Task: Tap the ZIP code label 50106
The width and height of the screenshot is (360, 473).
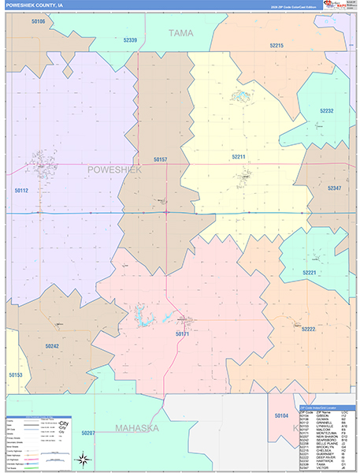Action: [38, 22]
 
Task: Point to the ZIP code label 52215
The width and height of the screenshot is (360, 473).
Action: [276, 47]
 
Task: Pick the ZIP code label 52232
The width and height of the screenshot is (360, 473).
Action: [327, 111]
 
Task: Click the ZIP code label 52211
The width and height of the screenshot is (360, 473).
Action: [239, 157]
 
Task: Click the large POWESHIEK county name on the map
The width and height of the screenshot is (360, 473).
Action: [114, 169]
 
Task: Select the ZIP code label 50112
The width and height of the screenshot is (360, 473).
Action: [21, 190]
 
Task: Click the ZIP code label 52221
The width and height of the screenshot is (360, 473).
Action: [309, 273]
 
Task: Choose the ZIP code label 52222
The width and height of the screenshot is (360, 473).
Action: [308, 329]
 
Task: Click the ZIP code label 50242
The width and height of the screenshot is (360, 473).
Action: [52, 345]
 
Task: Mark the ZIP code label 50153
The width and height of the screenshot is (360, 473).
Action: [16, 375]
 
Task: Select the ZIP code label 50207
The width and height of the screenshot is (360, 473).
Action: [87, 433]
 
